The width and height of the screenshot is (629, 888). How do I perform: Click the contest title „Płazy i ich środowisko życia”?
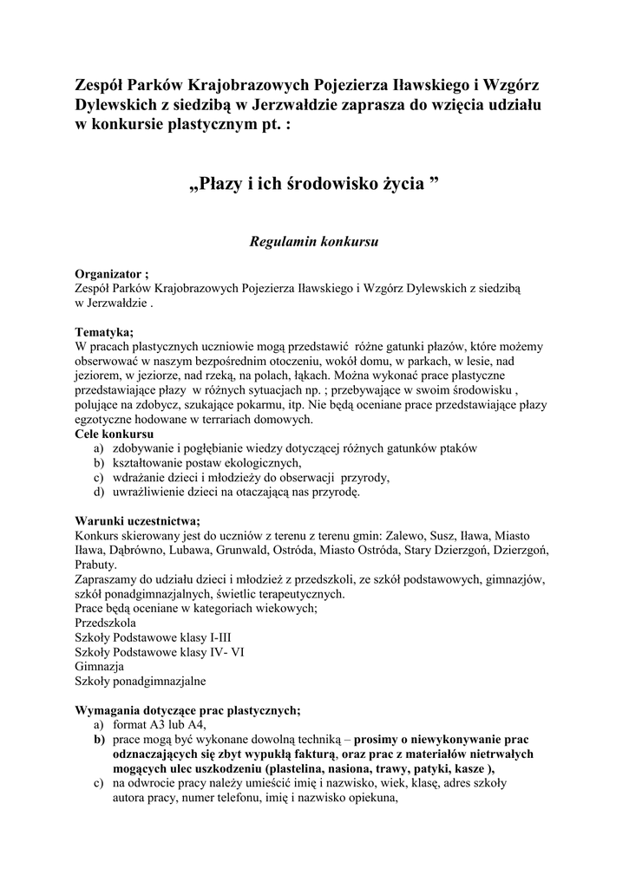314,184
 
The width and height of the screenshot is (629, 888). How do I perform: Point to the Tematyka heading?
104,331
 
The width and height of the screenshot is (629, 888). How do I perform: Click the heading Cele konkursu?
115,434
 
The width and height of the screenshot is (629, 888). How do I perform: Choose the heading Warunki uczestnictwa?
137,520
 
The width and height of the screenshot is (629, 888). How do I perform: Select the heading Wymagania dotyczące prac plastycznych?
187,710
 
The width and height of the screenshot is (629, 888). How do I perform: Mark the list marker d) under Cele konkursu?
99,492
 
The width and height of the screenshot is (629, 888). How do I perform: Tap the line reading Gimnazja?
99,668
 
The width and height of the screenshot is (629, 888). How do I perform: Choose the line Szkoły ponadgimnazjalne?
141,682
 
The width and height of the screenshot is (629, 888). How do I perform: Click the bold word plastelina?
300,769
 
